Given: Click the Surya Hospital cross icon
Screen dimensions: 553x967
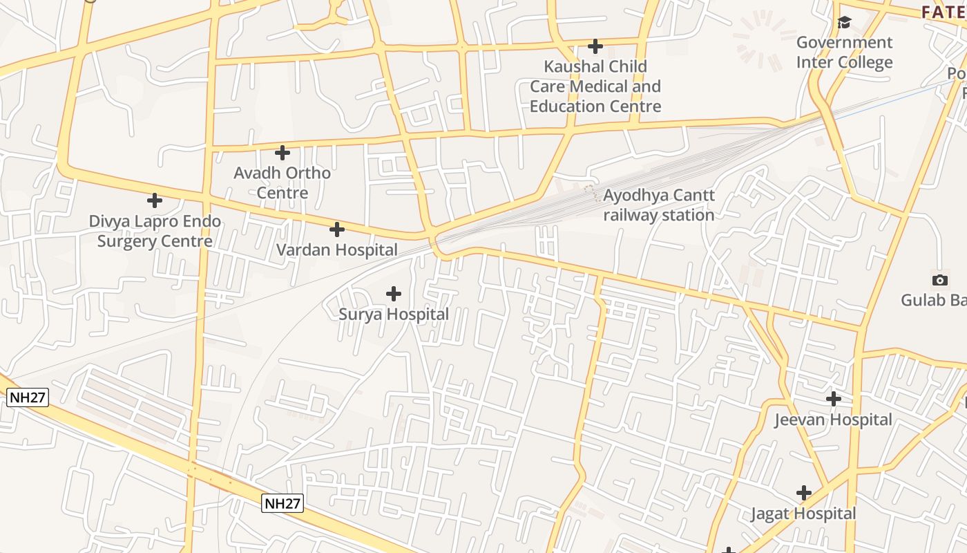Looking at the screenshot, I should pyautogui.click(x=393, y=294).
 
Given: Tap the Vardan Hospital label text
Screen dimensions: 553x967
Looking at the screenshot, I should pyautogui.click(x=337, y=250).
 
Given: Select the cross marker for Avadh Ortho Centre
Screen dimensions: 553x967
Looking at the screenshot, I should pyautogui.click(x=282, y=152).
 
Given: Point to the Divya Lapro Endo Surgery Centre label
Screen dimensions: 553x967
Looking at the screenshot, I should pyautogui.click(x=155, y=232).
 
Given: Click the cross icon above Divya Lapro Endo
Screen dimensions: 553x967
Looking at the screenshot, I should pyautogui.click(x=155, y=200).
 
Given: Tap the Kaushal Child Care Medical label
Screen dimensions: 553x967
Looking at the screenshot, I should pyautogui.click(x=595, y=86).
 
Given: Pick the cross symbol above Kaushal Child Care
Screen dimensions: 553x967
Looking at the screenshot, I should pyautogui.click(x=595, y=46).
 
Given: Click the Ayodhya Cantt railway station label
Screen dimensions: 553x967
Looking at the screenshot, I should pyautogui.click(x=658, y=205).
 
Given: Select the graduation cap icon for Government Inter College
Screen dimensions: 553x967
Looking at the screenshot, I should pyautogui.click(x=844, y=23).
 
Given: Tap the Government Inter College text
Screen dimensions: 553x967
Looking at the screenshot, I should pyautogui.click(x=844, y=53).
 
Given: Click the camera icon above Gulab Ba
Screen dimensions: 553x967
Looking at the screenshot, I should pyautogui.click(x=939, y=280).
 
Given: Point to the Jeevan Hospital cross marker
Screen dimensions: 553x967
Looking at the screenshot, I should pyautogui.click(x=834, y=399).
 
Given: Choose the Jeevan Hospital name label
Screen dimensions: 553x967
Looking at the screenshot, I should pyautogui.click(x=833, y=420).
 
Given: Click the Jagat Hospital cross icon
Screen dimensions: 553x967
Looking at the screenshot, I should pyautogui.click(x=803, y=493).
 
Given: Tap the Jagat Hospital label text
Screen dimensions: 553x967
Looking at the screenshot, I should pyautogui.click(x=803, y=514).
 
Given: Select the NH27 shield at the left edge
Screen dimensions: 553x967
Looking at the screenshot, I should pyautogui.click(x=28, y=397).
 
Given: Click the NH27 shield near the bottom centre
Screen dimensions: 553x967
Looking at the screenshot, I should pyautogui.click(x=283, y=503).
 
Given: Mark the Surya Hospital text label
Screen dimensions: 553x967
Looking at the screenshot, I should pyautogui.click(x=394, y=315).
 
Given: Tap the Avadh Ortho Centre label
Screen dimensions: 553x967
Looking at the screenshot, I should pyautogui.click(x=282, y=182).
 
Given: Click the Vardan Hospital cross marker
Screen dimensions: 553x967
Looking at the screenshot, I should pyautogui.click(x=336, y=229).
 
